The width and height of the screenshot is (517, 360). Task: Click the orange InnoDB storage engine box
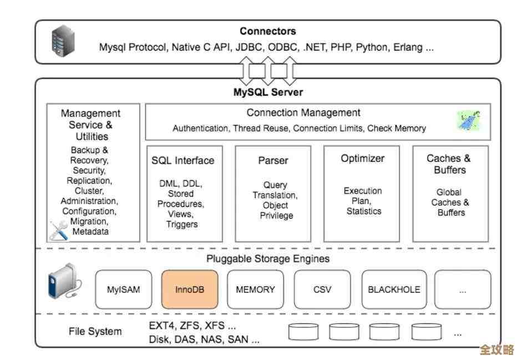190,289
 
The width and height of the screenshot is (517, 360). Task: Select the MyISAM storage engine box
123,289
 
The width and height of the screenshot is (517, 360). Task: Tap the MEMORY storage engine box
255,289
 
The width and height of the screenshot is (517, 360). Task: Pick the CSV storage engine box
322,289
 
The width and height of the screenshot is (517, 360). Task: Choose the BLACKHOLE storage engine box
394,289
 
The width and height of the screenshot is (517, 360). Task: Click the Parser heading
273,160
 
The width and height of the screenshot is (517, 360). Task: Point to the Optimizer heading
362,158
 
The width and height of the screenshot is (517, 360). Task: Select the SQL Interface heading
183,160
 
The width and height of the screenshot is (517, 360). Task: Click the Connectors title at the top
267,32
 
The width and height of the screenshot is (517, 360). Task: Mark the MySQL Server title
267,92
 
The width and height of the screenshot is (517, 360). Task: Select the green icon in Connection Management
468,120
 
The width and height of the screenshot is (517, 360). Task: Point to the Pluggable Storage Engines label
267,258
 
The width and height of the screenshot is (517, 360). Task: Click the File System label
95,332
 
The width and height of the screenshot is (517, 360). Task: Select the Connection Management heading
303,113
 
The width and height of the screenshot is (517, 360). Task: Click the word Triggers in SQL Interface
182,224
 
